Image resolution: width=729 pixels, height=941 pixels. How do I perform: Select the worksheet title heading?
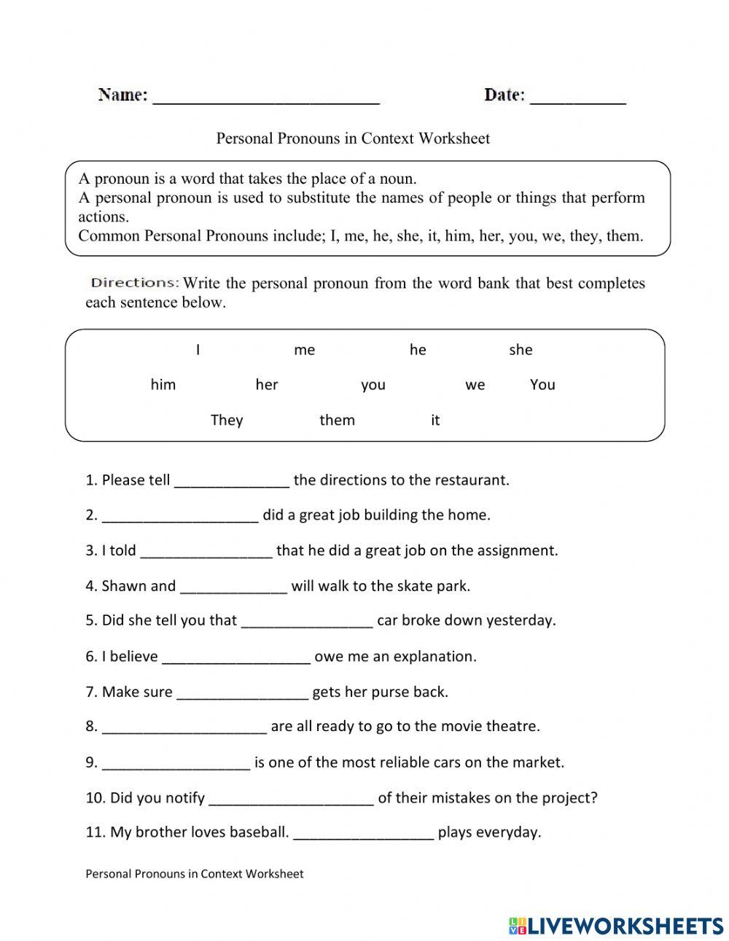[353, 138]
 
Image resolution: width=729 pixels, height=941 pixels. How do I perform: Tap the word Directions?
[134, 283]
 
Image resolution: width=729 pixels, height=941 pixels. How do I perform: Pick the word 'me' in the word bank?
[304, 351]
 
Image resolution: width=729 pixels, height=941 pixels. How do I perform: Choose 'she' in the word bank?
[521, 351]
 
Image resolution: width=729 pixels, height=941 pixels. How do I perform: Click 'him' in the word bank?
[163, 385]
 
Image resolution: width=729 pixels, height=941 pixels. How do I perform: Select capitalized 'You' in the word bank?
[542, 385]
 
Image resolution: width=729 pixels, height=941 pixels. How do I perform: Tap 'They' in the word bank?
[226, 420]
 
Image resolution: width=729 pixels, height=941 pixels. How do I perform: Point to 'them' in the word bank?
[337, 420]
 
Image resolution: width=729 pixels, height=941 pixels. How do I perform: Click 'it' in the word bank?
[435, 420]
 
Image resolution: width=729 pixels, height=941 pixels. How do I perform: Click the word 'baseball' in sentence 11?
[259, 832]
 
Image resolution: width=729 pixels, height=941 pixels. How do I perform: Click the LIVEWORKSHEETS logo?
[616, 925]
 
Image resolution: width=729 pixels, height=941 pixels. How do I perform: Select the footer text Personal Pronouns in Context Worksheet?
[194, 873]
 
